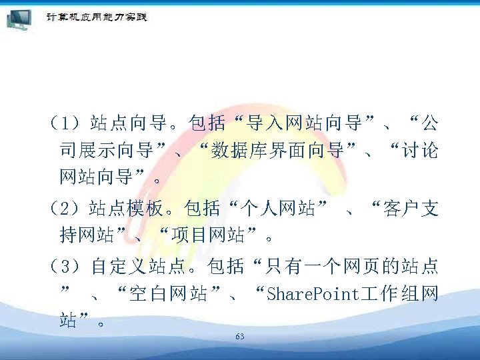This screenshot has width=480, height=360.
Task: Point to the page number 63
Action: (240, 337)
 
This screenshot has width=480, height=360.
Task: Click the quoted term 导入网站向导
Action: (303, 123)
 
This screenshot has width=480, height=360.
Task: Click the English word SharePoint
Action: (313, 294)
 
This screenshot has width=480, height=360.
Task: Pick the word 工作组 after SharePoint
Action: (391, 294)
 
